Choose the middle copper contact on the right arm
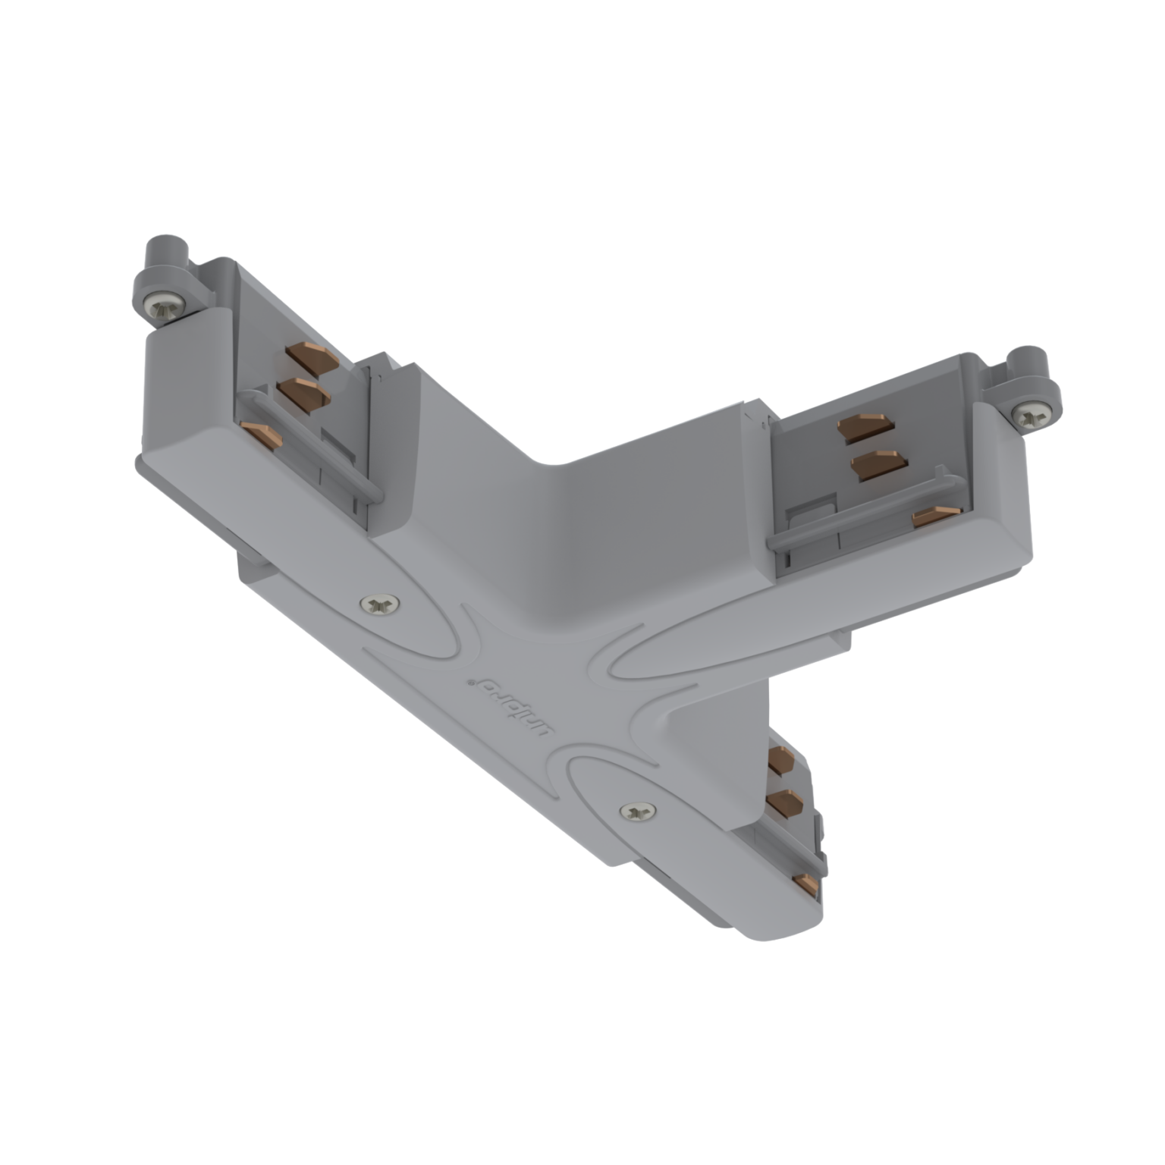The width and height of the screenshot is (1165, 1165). point(878,464)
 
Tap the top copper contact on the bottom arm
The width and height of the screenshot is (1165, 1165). point(781,761)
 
